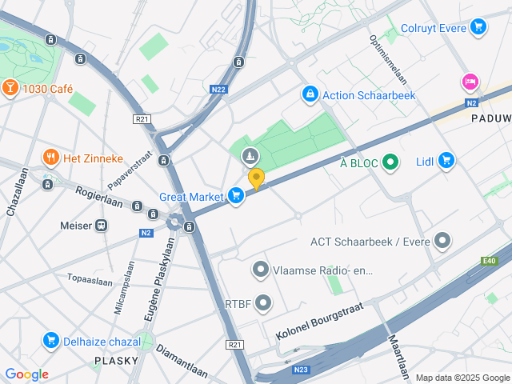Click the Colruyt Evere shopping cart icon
click(478, 27)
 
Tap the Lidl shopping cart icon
click(446, 161)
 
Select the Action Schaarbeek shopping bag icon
click(310, 94)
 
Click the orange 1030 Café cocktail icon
click(11, 88)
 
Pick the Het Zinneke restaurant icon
click(50, 156)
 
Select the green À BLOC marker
click(390, 163)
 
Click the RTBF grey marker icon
click(261, 303)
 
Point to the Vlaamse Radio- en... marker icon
click(260, 270)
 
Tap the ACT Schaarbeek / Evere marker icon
click(442, 241)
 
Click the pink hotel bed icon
click(470, 82)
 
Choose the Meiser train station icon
click(102, 226)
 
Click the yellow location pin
click(256, 178)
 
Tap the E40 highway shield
click(489, 260)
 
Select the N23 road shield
click(301, 369)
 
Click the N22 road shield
click(219, 90)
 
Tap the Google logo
click(26, 374)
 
